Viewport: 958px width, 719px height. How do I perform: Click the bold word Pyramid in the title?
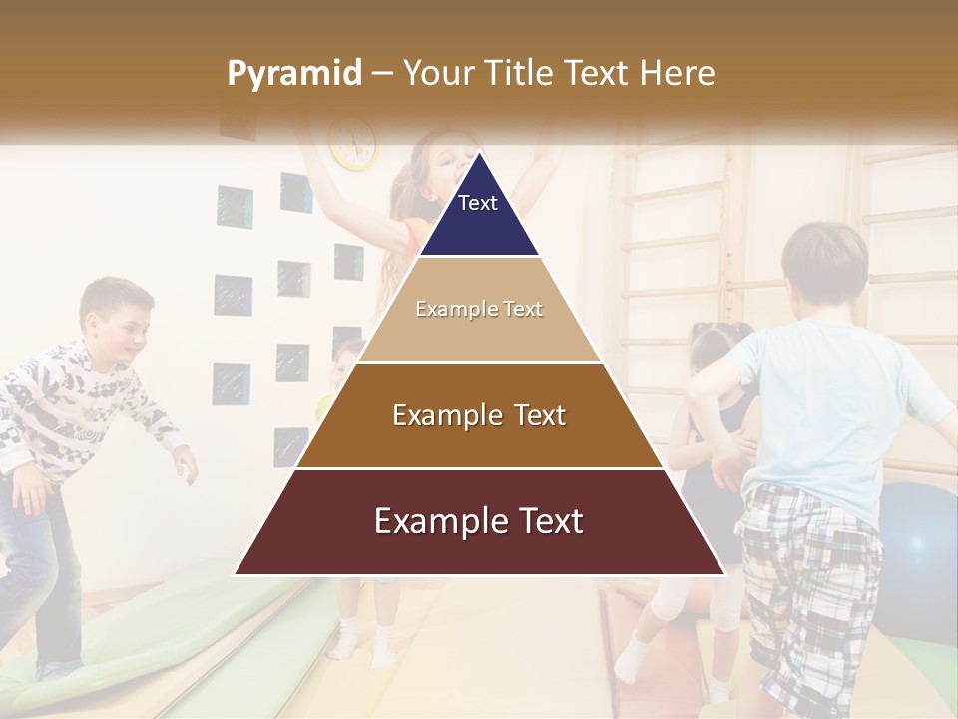click(x=293, y=74)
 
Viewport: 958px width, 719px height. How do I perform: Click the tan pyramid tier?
click(x=479, y=310)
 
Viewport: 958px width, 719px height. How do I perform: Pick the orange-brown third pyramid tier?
click(x=479, y=416)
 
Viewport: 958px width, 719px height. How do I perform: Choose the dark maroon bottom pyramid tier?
click(x=479, y=522)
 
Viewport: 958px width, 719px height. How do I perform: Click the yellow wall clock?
click(x=354, y=145)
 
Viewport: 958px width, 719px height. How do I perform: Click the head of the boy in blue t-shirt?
click(x=824, y=265)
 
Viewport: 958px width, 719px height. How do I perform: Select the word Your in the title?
click(x=439, y=73)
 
